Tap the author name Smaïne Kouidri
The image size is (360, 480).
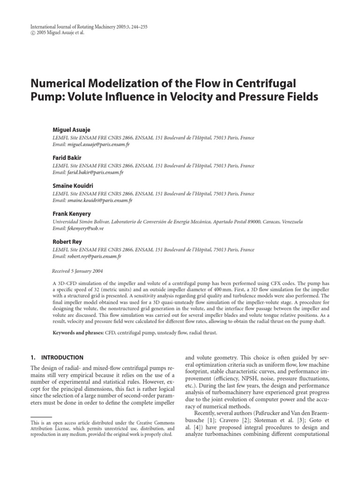pyautogui.click(x=73, y=186)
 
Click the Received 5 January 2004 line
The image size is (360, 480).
pyautogui.click(x=77, y=271)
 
